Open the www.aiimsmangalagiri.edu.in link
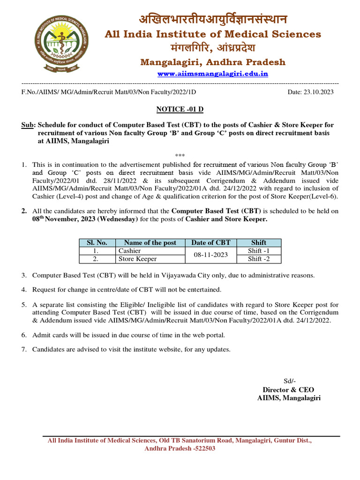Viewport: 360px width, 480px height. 213,74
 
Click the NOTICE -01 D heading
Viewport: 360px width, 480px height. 180,109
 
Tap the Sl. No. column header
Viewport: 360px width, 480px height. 97,242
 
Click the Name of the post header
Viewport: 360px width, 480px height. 150,242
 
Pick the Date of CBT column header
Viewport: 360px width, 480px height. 211,242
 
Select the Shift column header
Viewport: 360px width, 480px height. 259,242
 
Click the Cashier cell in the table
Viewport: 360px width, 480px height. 130,251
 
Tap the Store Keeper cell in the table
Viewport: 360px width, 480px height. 137,259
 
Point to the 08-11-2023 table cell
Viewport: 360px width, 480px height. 211,255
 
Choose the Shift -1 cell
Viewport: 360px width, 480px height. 259,251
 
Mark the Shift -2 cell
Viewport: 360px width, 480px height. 259,259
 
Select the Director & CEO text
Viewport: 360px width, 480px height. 288,390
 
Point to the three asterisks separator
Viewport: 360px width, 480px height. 180,155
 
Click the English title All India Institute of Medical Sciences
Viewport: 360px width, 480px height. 213,34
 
